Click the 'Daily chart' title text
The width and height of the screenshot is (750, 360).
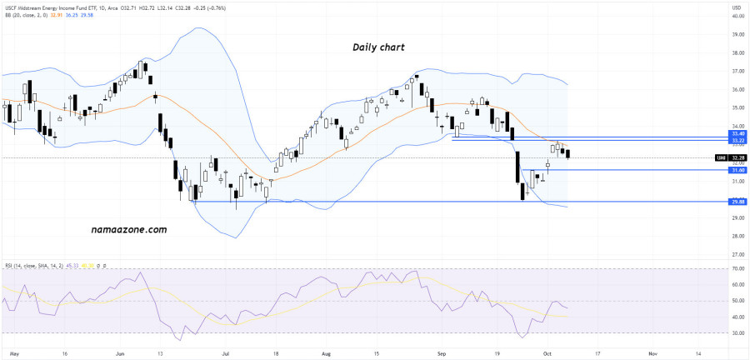(378, 48)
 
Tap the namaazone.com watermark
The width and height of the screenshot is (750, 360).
(127, 229)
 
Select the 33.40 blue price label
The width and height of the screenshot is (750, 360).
(737, 133)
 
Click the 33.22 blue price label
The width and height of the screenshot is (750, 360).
(737, 141)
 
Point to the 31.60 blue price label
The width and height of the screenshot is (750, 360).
(737, 170)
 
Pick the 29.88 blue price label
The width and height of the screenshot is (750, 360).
(737, 201)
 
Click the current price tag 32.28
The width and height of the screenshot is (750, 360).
(737, 157)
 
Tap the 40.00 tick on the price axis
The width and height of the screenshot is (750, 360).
(737, 35)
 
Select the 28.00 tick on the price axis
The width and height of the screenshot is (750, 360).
(737, 236)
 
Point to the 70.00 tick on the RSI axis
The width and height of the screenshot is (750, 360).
(737, 269)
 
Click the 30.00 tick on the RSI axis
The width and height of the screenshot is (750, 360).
(737, 333)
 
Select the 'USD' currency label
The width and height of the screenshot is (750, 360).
(737, 8)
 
